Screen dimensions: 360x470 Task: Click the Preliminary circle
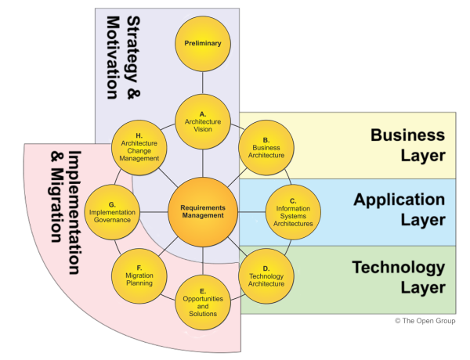coord(203,44)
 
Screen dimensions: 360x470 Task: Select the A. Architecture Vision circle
coord(203,121)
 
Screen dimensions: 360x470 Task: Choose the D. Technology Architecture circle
coord(266,276)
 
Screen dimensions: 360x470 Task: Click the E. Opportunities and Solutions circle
coord(203,302)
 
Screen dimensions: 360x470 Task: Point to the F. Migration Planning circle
coord(139,276)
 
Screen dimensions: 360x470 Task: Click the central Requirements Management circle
coord(203,211)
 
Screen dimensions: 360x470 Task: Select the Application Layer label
coord(399,210)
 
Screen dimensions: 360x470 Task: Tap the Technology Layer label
coord(399,277)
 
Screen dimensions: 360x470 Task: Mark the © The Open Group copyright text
coord(425,321)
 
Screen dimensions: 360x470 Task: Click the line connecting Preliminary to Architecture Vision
coord(203,82)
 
